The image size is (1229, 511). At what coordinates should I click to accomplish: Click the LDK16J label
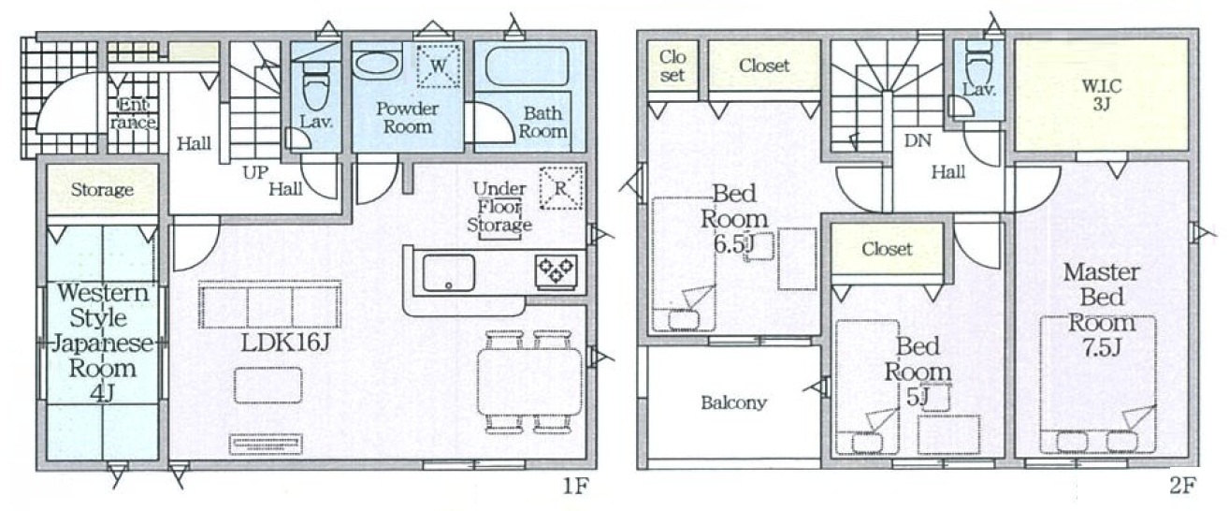pos(285,343)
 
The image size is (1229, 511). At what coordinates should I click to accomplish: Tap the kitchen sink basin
pos(448,272)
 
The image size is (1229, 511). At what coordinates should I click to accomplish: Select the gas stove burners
pos(557,271)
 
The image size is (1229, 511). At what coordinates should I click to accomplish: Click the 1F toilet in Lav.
pos(315,90)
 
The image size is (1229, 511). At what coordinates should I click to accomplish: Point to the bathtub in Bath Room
pos(528,66)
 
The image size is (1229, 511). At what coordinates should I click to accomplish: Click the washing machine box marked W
pos(438,66)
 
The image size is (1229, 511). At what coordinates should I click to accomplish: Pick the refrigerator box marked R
pos(561,188)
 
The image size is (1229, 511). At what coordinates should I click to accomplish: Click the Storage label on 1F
pos(102,190)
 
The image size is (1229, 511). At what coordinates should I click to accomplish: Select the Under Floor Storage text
pos(499,207)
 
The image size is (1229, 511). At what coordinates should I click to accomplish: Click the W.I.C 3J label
pos(1102,95)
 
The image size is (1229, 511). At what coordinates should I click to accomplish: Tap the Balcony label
pos(733,402)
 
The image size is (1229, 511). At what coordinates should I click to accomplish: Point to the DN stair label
pos(918,141)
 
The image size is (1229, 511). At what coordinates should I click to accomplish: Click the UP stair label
pos(255,173)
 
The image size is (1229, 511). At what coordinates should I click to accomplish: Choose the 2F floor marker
pos(1182,485)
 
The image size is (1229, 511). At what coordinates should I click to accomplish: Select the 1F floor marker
pos(575,486)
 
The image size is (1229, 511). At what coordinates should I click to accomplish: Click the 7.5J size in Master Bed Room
pos(1101,348)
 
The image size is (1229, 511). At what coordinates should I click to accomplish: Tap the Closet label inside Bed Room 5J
pos(887,249)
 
